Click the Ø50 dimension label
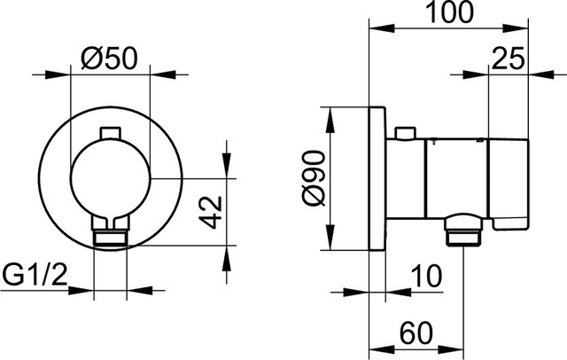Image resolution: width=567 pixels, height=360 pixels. click(110, 58)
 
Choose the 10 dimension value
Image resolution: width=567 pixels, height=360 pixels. click(426, 277)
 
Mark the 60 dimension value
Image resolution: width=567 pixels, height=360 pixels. click(416, 334)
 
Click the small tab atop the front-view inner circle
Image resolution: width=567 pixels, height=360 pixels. click(110, 133)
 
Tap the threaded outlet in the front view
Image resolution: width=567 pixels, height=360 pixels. click(110, 236)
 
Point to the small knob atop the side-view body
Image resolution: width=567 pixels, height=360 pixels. click(405, 134)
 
